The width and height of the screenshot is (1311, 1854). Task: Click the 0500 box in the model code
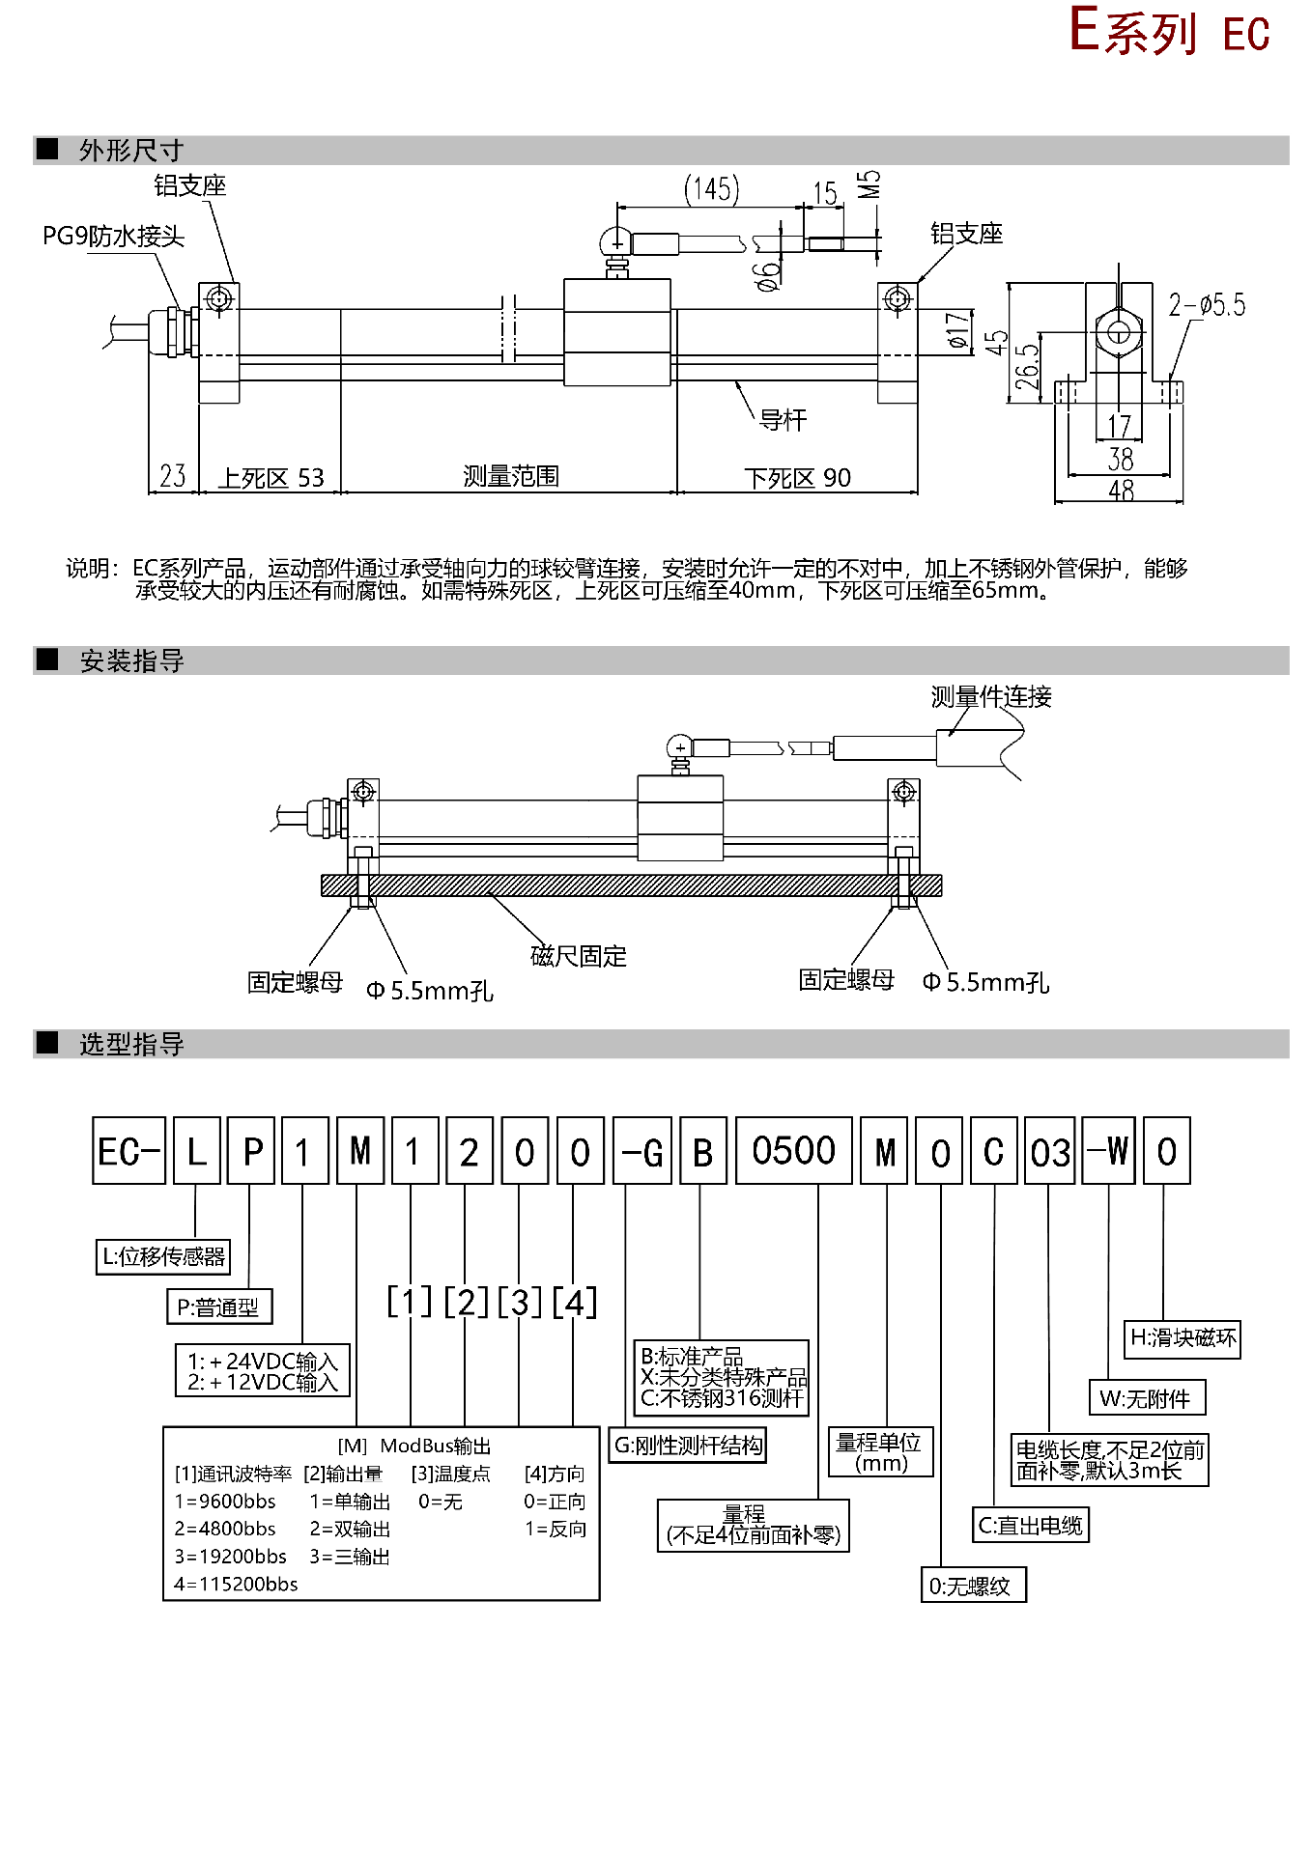pyautogui.click(x=793, y=1151)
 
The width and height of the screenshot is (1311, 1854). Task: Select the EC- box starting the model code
pyautogui.click(x=128, y=1151)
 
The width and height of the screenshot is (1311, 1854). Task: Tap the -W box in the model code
pyautogui.click(x=1108, y=1151)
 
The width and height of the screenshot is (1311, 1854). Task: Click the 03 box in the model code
pyautogui.click(x=1049, y=1151)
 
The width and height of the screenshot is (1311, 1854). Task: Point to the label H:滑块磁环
pyautogui.click(x=1183, y=1337)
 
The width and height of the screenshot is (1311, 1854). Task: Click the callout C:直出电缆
pyautogui.click(x=1030, y=1526)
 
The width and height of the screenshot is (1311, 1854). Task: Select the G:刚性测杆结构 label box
pyautogui.click(x=688, y=1446)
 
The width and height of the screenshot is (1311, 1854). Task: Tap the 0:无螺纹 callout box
pyautogui.click(x=970, y=1586)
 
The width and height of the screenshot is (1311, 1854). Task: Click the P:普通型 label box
pyautogui.click(x=219, y=1307)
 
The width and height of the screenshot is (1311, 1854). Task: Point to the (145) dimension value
pyautogui.click(x=712, y=189)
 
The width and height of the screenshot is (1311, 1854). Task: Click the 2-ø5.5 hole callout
pyautogui.click(x=1207, y=306)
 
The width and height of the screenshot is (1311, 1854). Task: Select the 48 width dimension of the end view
pyautogui.click(x=1121, y=491)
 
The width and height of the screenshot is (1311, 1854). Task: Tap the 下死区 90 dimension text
pyautogui.click(x=798, y=478)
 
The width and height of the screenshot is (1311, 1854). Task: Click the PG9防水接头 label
pyautogui.click(x=113, y=237)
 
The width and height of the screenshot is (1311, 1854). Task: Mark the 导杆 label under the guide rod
pyautogui.click(x=783, y=420)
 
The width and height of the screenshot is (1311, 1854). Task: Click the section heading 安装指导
pyautogui.click(x=131, y=661)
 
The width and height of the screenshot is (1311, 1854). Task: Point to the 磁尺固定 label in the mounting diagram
pyautogui.click(x=579, y=956)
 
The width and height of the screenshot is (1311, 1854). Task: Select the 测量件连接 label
pyautogui.click(x=991, y=696)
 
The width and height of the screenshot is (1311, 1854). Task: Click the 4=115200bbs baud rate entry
pyautogui.click(x=236, y=1584)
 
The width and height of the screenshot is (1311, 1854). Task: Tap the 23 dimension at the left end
pyautogui.click(x=173, y=476)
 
